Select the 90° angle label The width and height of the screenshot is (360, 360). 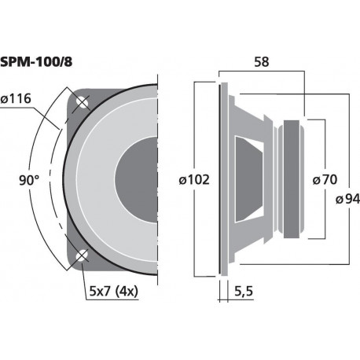point(29,180)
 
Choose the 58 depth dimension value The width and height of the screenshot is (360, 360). point(263,61)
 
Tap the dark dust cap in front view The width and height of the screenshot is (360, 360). point(138,178)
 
